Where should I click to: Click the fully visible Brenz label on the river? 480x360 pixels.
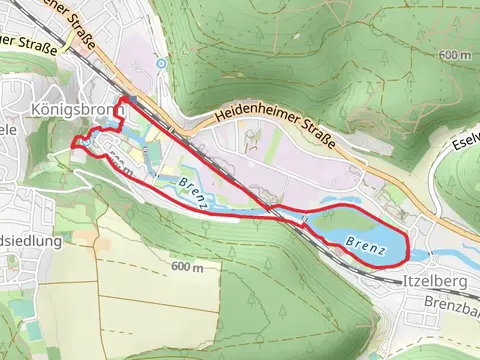coord(195,193)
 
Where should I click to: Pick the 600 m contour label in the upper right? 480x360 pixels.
coord(453,55)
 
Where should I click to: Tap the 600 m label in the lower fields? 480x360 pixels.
coord(187,267)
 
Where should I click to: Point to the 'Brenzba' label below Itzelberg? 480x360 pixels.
coord(451,301)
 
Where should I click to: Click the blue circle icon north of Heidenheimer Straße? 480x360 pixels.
coord(160,63)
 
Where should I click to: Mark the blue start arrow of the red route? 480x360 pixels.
coord(124,102)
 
